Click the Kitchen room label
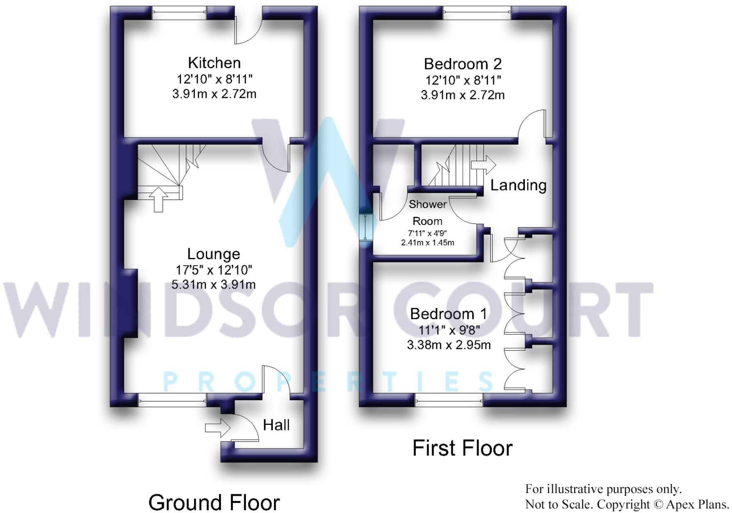tap(214, 63)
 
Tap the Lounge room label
tap(213, 254)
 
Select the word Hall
tap(276, 425)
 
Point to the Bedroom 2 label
tap(462, 64)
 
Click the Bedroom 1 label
tap(448, 314)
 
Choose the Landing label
tap(518, 185)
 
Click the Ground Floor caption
tap(214, 502)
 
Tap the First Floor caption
tap(462, 448)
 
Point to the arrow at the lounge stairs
tap(158, 199)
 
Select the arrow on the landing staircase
tap(483, 165)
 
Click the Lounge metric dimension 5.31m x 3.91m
tap(213, 285)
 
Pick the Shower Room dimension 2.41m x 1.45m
tap(427, 243)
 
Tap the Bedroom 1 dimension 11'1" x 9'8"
tap(449, 330)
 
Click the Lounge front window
tap(172, 401)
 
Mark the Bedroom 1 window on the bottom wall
tap(449, 401)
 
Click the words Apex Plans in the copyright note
tap(697, 504)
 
